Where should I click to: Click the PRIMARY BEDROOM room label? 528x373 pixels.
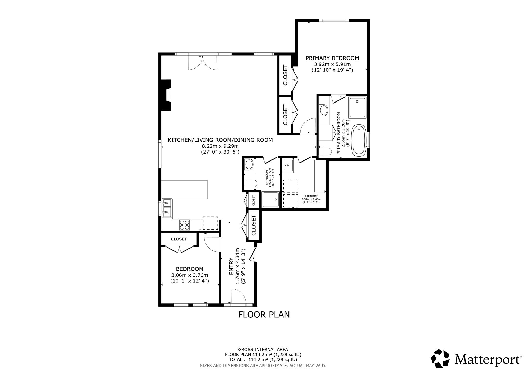click(x=332, y=58)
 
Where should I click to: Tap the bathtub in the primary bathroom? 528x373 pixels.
click(x=359, y=140)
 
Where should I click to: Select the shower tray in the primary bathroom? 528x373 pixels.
click(x=357, y=107)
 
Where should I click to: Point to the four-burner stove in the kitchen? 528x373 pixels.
click(x=185, y=225)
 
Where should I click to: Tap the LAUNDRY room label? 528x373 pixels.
click(x=311, y=196)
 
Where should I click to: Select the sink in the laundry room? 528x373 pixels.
click(x=288, y=166)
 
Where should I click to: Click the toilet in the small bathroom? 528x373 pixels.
click(x=250, y=183)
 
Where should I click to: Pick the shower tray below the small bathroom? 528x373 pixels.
click(x=270, y=200)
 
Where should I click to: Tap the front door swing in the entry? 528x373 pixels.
click(x=238, y=296)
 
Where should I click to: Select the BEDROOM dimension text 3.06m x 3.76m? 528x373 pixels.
click(x=189, y=275)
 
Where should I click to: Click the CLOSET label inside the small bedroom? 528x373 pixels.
click(x=179, y=239)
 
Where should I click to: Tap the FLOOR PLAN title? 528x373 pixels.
click(x=264, y=315)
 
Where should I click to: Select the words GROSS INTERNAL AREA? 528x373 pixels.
click(x=263, y=350)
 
